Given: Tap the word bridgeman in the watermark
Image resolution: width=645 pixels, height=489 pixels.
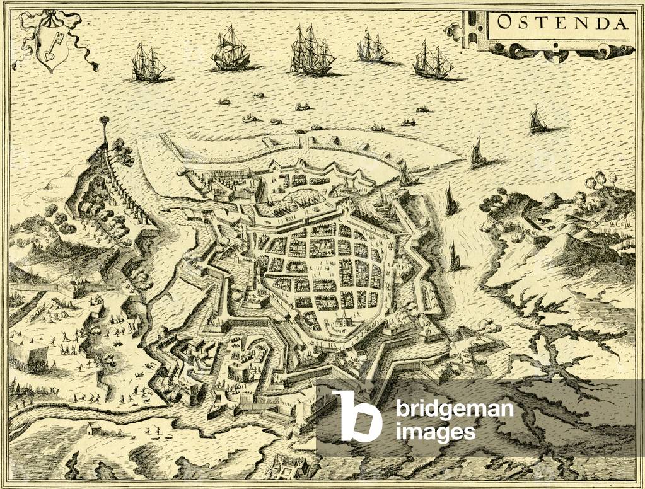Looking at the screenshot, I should (455, 410).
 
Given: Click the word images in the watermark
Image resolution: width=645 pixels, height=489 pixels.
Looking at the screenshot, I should (436, 432).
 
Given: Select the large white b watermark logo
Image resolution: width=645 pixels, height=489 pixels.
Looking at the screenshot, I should (357, 416).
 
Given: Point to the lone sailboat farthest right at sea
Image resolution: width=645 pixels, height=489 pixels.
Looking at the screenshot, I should (537, 120).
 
